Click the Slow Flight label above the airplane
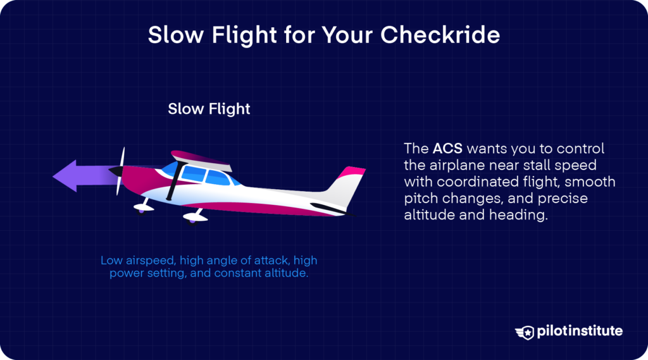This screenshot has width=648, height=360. [x=209, y=109]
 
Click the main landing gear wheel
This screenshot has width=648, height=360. [x=192, y=217]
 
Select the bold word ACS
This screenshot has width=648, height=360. [x=448, y=149]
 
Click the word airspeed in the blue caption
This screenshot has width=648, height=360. [x=144, y=260]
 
